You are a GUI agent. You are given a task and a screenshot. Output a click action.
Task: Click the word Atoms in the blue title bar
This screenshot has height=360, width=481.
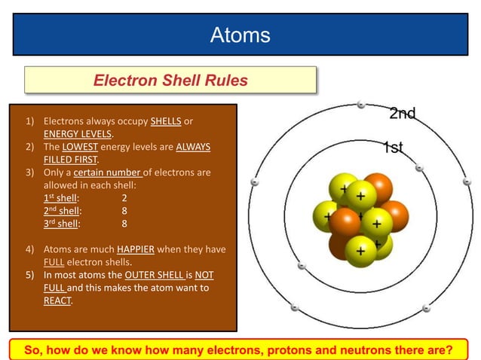(x=240, y=35)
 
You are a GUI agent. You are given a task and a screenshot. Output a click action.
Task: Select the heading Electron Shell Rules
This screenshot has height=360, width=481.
(x=170, y=80)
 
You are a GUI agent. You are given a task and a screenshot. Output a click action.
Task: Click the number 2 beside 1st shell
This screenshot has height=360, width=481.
(x=124, y=198)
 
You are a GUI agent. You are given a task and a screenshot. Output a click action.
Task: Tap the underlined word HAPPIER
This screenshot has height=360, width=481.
(x=135, y=249)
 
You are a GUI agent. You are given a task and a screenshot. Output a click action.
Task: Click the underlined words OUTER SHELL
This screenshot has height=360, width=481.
(x=154, y=275)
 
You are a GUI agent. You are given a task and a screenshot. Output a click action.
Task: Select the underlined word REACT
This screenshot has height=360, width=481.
(x=57, y=301)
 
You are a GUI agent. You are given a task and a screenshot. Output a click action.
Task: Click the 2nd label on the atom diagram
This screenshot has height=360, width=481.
(x=402, y=114)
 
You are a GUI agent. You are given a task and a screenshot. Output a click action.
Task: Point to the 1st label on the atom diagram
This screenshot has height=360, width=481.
(x=392, y=148)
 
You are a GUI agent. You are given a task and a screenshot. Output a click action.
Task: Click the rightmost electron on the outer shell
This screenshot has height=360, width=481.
(x=467, y=182)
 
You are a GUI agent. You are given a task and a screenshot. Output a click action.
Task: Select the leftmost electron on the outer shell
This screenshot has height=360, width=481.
(x=255, y=182)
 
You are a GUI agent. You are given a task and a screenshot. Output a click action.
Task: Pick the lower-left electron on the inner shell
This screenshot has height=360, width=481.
(x=302, y=265)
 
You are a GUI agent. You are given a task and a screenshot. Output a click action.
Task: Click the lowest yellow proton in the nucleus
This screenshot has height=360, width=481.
(x=360, y=249)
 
